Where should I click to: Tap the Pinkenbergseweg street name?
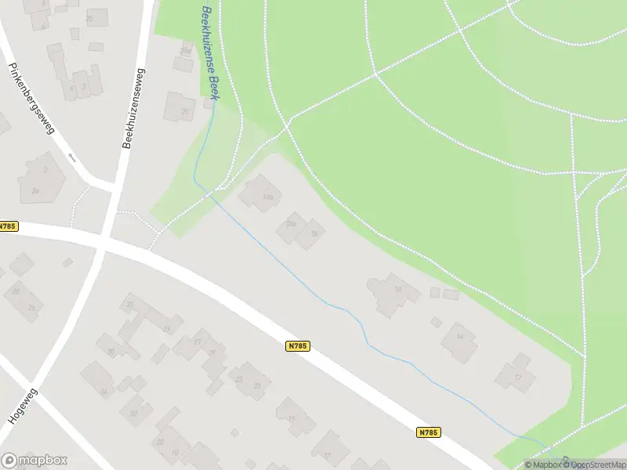coord(32,99)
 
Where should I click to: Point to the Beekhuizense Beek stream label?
coord(210,52)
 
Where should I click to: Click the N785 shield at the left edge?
coord(8,226)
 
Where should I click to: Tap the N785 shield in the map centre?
coord(298,345)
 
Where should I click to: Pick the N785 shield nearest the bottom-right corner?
coord(428,432)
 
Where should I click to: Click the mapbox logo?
coord(34,461)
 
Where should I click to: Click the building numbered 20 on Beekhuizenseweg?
coord(179,108)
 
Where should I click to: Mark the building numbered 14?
coord(459,340)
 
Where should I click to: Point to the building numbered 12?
coord(516,374)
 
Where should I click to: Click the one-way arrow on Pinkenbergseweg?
coord(71,157)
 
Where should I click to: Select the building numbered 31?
coord(131,305)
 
